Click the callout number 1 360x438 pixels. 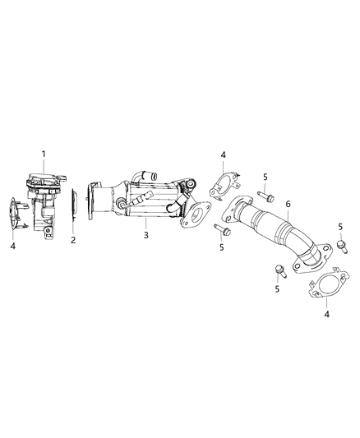pyautogui.click(x=44, y=154)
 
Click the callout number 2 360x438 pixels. pyautogui.click(x=72, y=241)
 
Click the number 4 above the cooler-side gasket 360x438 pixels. pyautogui.click(x=222, y=154)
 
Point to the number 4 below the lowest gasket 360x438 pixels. pyautogui.click(x=327, y=314)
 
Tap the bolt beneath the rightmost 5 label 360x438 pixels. pyautogui.click(x=339, y=246)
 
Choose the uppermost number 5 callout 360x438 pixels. pyautogui.click(x=264, y=177)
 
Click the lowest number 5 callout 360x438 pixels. pyautogui.click(x=277, y=288)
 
